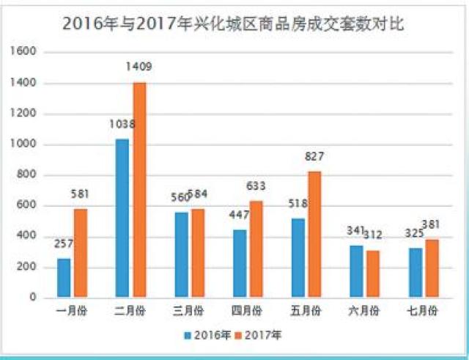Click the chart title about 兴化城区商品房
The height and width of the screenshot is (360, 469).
pos(233,23)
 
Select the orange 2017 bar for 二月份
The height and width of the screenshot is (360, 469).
pos(139,190)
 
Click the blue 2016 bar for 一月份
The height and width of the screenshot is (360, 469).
pos(64,278)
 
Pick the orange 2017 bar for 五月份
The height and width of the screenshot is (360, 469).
pos(314,234)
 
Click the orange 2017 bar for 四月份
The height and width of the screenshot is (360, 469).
pos(256,249)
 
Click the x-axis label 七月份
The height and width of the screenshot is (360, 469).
pos(423,311)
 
